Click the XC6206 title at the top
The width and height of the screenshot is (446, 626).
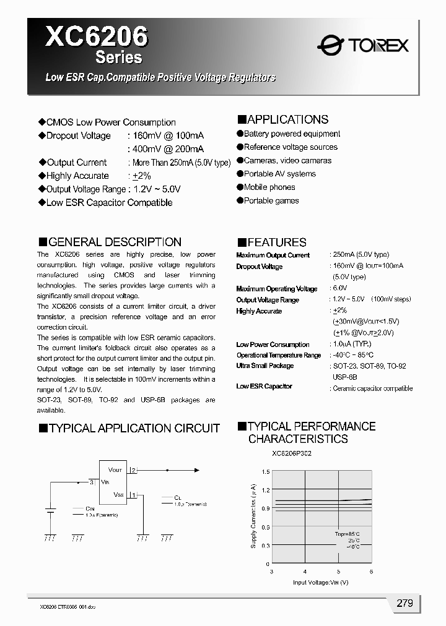(x=97, y=36)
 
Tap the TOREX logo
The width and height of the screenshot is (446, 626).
(x=362, y=45)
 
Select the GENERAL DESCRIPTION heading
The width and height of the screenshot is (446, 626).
(x=110, y=242)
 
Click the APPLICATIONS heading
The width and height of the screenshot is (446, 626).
(x=283, y=119)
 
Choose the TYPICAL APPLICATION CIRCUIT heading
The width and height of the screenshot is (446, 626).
(x=129, y=428)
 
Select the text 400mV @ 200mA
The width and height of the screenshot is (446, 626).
(x=165, y=149)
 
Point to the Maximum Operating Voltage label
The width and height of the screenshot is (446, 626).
(x=276, y=289)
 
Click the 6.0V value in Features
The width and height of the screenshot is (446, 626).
(x=340, y=289)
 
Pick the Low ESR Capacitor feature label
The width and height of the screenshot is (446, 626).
(x=264, y=387)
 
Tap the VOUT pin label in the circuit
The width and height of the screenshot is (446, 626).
(x=115, y=470)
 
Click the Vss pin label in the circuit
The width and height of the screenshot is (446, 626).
(x=119, y=494)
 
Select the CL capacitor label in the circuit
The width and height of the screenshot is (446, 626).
(x=178, y=497)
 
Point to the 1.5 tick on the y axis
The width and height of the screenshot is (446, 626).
(x=266, y=472)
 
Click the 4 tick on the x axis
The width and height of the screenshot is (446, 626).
(x=305, y=572)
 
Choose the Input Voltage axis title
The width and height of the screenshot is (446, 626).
(x=320, y=583)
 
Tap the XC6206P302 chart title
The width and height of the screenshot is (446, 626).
(x=292, y=453)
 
